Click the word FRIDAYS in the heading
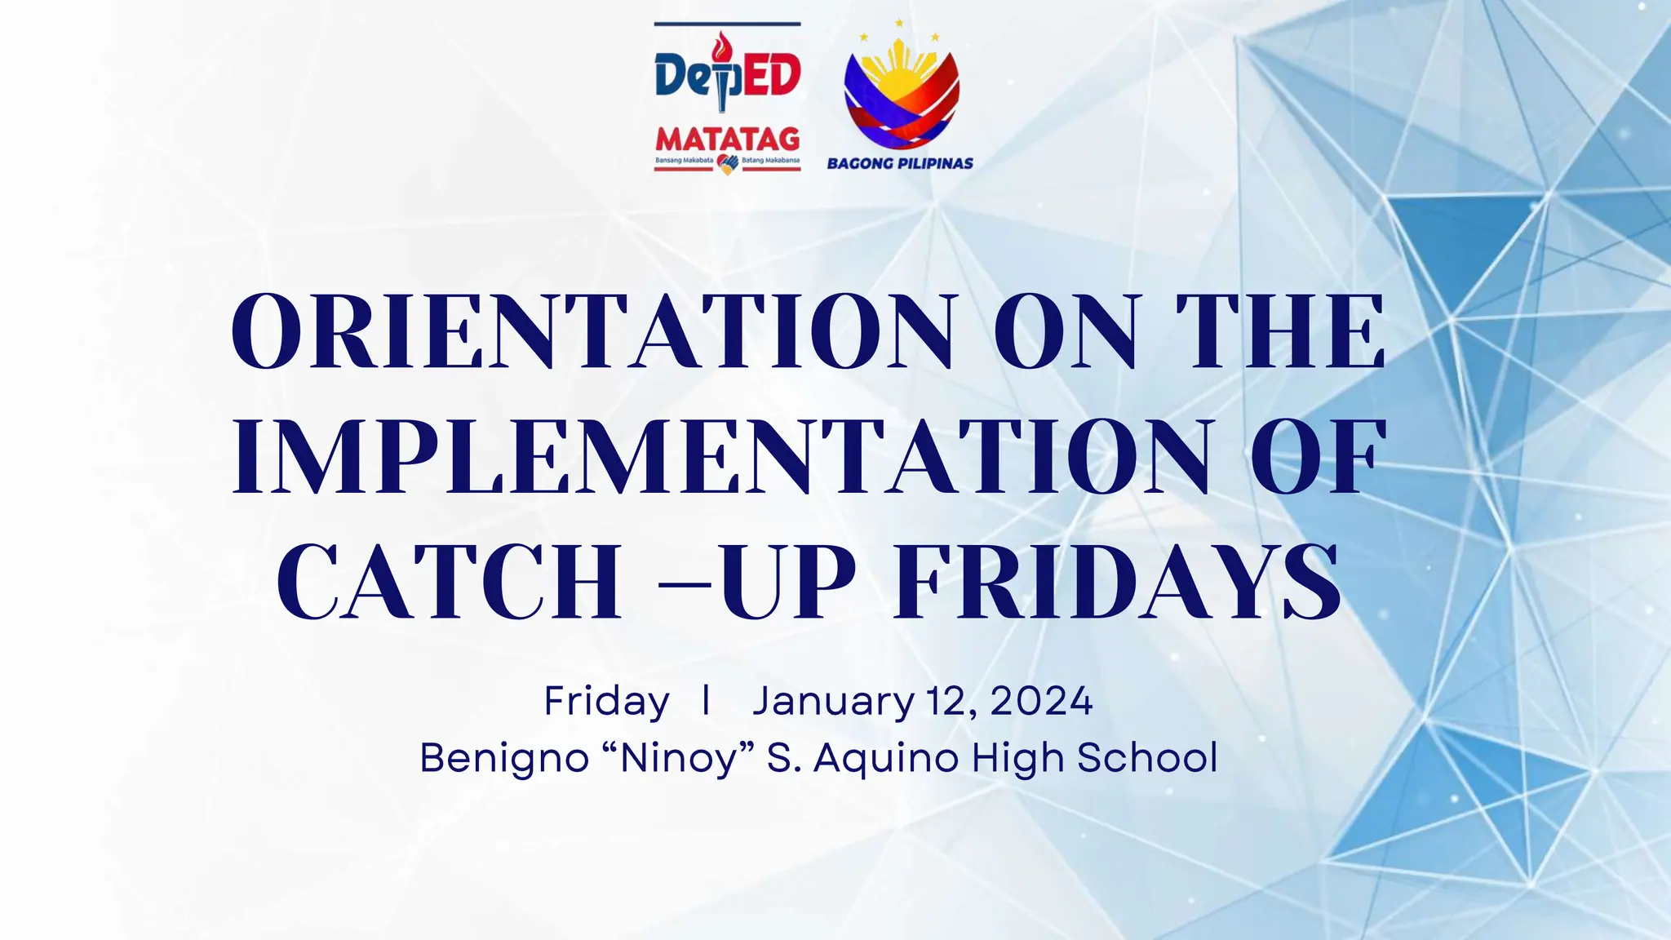pos(1118,581)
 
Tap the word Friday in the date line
pos(606,702)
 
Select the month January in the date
pos(833,702)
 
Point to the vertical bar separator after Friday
pos(706,700)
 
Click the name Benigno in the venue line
pos(503,758)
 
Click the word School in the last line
pos(1147,758)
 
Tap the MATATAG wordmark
pos(727,139)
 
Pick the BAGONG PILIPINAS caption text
pos(900,163)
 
